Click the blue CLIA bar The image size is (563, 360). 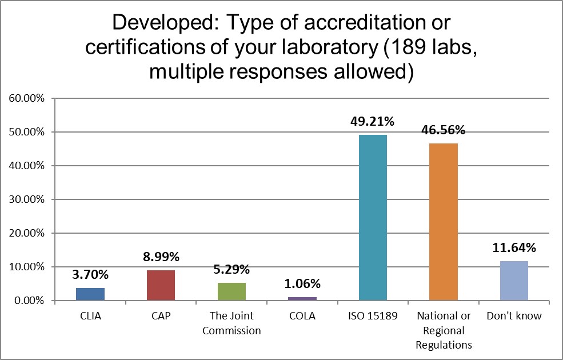(90, 294)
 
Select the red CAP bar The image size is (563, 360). (161, 285)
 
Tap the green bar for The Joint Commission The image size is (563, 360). (231, 291)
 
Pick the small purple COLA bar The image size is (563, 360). (302, 298)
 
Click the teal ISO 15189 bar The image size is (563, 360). (373, 217)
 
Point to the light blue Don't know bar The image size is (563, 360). (514, 281)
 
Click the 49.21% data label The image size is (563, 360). (373, 121)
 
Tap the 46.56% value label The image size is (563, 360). (444, 130)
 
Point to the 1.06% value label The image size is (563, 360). (302, 283)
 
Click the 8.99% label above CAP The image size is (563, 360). (161, 257)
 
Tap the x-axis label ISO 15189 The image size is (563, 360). (373, 316)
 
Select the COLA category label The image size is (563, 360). (302, 316)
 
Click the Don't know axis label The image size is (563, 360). (514, 316)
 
